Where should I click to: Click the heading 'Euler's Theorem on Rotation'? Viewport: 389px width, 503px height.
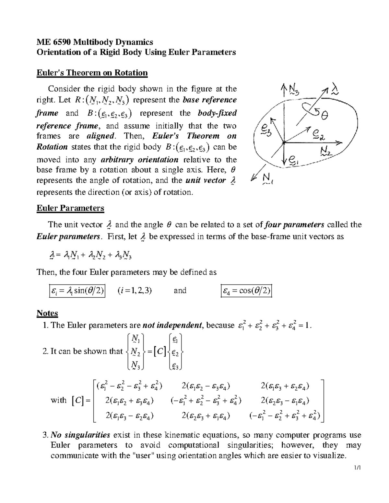coord(92,73)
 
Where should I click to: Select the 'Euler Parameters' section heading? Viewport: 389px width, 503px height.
coord(70,208)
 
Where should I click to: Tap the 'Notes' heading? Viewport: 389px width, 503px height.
coord(47,313)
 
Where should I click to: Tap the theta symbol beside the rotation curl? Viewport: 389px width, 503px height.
coord(324,114)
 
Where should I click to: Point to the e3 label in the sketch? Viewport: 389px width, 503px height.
coord(263,131)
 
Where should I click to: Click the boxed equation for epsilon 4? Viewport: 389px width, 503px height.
coord(246,291)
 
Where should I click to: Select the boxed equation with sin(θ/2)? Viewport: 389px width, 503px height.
coord(77,291)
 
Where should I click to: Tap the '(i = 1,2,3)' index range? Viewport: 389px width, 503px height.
coord(135,291)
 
